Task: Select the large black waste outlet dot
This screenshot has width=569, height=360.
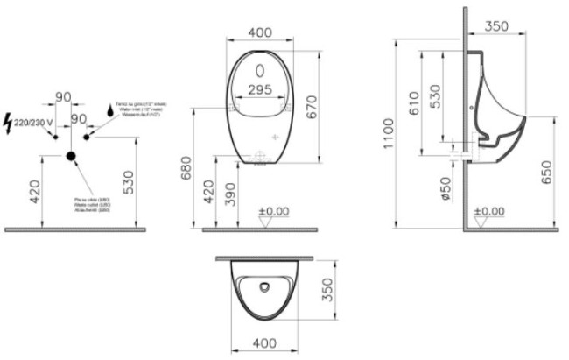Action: (71, 158)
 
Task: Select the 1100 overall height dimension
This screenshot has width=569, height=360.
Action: (402, 131)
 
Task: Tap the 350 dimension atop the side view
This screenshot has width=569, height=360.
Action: (496, 26)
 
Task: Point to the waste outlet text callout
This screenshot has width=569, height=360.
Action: (92, 204)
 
